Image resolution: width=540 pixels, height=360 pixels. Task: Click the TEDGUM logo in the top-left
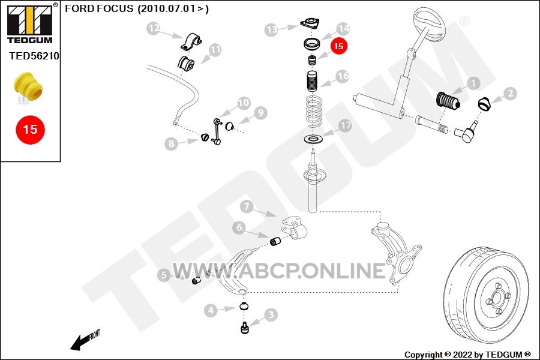(x=30, y=23)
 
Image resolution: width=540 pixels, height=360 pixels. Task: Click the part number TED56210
(x=34, y=56)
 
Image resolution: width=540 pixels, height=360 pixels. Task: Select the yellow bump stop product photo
(x=28, y=86)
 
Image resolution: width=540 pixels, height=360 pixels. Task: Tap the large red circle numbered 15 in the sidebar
(x=31, y=130)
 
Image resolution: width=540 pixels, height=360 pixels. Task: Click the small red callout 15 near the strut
(x=338, y=46)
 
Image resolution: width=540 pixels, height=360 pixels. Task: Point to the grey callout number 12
(x=154, y=28)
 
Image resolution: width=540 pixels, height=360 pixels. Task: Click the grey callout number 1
(x=473, y=83)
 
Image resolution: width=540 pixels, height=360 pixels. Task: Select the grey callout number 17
(x=345, y=126)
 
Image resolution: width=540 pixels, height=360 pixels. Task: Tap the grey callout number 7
(x=247, y=206)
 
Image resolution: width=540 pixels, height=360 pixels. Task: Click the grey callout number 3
(x=271, y=314)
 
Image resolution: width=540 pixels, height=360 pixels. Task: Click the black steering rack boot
(x=448, y=101)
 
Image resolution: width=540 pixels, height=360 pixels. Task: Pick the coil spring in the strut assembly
(x=314, y=111)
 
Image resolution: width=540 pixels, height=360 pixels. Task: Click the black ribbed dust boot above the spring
(x=313, y=81)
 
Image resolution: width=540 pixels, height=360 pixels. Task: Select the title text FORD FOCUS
(x=99, y=8)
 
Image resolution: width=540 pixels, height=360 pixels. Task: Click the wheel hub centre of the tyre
(x=497, y=297)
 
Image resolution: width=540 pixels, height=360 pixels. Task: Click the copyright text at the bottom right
(x=467, y=355)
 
